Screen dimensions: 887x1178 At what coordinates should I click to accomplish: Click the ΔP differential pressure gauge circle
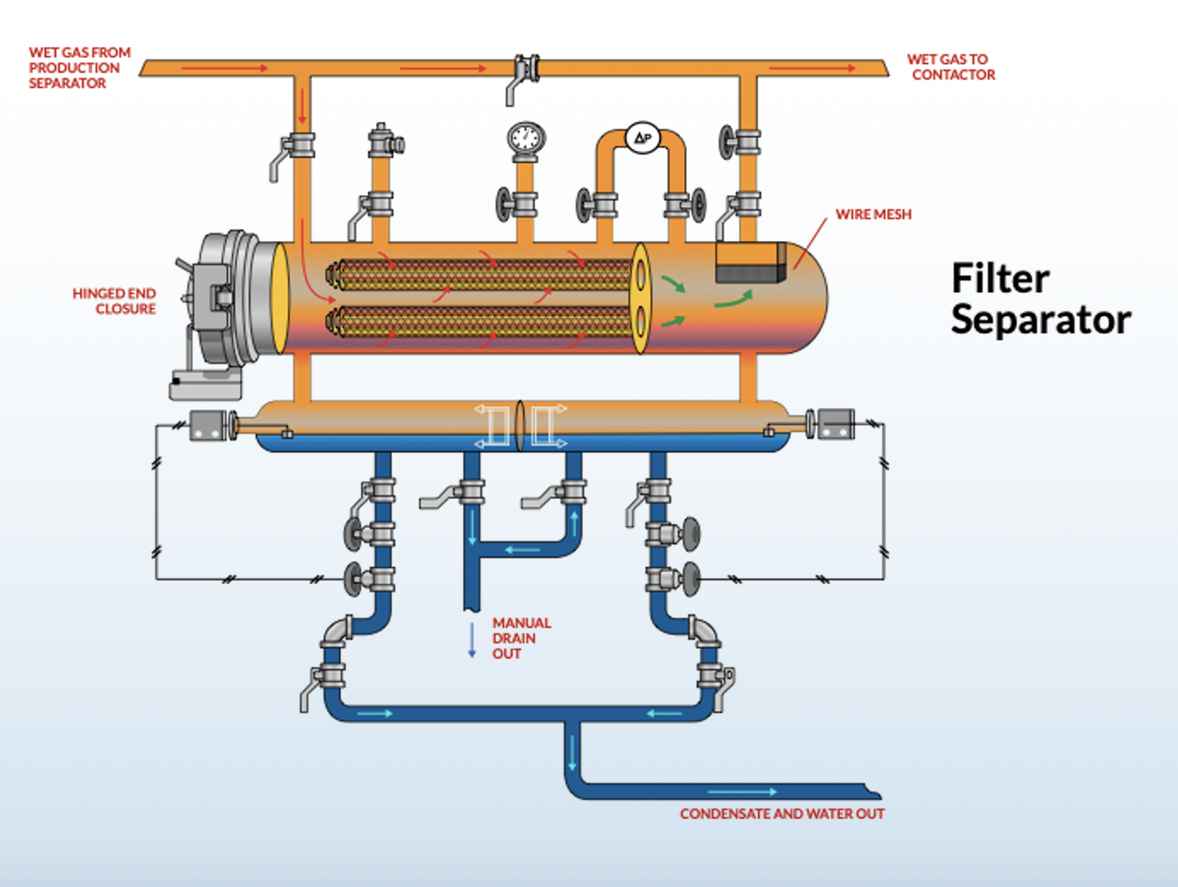[642, 138]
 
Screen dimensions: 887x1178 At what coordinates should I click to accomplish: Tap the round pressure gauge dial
[526, 138]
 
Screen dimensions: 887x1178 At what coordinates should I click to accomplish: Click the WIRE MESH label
[873, 214]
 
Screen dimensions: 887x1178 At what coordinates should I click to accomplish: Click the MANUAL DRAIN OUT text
[520, 637]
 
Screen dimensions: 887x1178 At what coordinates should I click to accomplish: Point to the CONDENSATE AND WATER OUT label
[781, 814]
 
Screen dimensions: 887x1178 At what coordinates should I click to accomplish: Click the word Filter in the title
[1000, 278]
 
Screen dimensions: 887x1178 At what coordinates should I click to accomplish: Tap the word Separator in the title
[1040, 319]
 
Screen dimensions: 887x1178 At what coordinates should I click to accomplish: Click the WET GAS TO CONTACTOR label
[950, 67]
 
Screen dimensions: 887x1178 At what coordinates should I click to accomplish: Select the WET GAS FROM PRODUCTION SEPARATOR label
[79, 67]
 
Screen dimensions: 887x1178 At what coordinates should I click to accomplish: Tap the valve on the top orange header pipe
[526, 70]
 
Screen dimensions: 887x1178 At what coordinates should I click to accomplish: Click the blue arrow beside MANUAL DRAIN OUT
[472, 640]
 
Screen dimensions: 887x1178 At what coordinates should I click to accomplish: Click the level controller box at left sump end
[207, 425]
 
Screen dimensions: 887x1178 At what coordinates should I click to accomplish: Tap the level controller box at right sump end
[835, 424]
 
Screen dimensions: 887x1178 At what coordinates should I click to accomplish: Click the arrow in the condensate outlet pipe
[741, 791]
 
